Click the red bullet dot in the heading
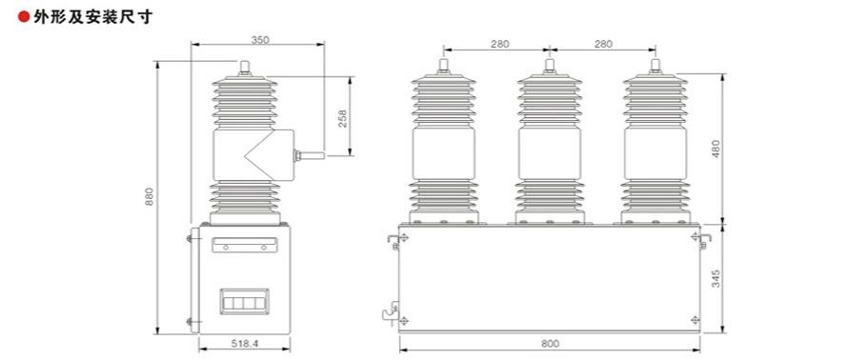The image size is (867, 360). [x=24, y=17]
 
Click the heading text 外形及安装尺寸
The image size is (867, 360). [x=92, y=17]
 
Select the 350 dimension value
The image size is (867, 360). [x=259, y=39]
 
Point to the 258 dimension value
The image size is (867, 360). [x=342, y=118]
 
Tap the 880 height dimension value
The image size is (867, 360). [x=149, y=197]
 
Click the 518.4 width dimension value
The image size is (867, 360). [x=245, y=344]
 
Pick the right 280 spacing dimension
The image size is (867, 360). [x=603, y=44]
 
